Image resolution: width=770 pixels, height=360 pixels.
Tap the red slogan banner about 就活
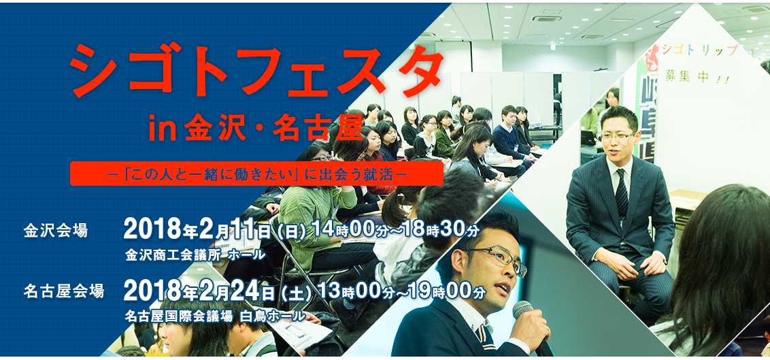tap(256, 174)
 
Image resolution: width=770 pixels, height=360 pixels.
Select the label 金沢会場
tap(56, 231)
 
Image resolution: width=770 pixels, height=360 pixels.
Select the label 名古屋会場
tap(64, 291)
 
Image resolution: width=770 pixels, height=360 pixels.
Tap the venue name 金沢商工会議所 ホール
tap(195, 255)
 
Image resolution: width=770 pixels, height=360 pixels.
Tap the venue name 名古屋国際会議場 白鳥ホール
tap(215, 316)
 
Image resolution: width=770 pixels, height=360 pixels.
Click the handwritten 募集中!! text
tap(697, 77)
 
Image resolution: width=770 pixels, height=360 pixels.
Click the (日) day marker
tap(292, 230)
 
